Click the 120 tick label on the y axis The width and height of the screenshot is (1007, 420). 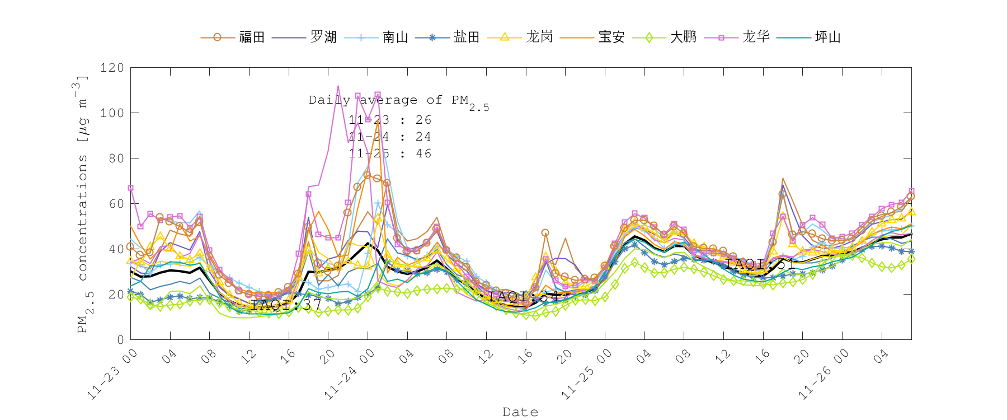click(112, 68)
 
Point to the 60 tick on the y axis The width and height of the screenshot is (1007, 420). click(116, 204)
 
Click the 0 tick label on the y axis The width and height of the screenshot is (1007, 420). click(120, 339)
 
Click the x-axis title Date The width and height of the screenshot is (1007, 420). click(520, 412)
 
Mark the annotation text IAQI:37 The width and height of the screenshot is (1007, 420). click(286, 305)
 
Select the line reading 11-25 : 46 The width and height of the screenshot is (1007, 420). click(390, 153)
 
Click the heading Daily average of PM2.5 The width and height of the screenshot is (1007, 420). click(398, 101)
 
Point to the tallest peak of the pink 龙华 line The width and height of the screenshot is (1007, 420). click(338, 86)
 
